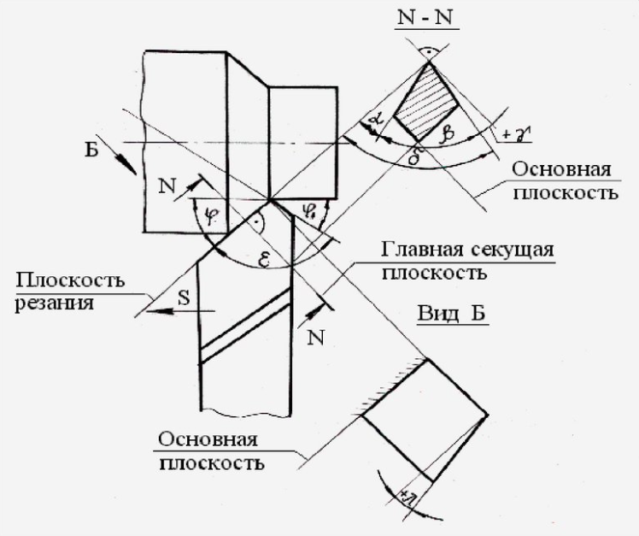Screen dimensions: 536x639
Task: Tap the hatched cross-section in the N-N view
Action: click(x=431, y=102)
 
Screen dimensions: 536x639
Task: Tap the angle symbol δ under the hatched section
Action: click(x=418, y=156)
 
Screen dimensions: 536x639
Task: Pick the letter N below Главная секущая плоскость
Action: click(x=317, y=336)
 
